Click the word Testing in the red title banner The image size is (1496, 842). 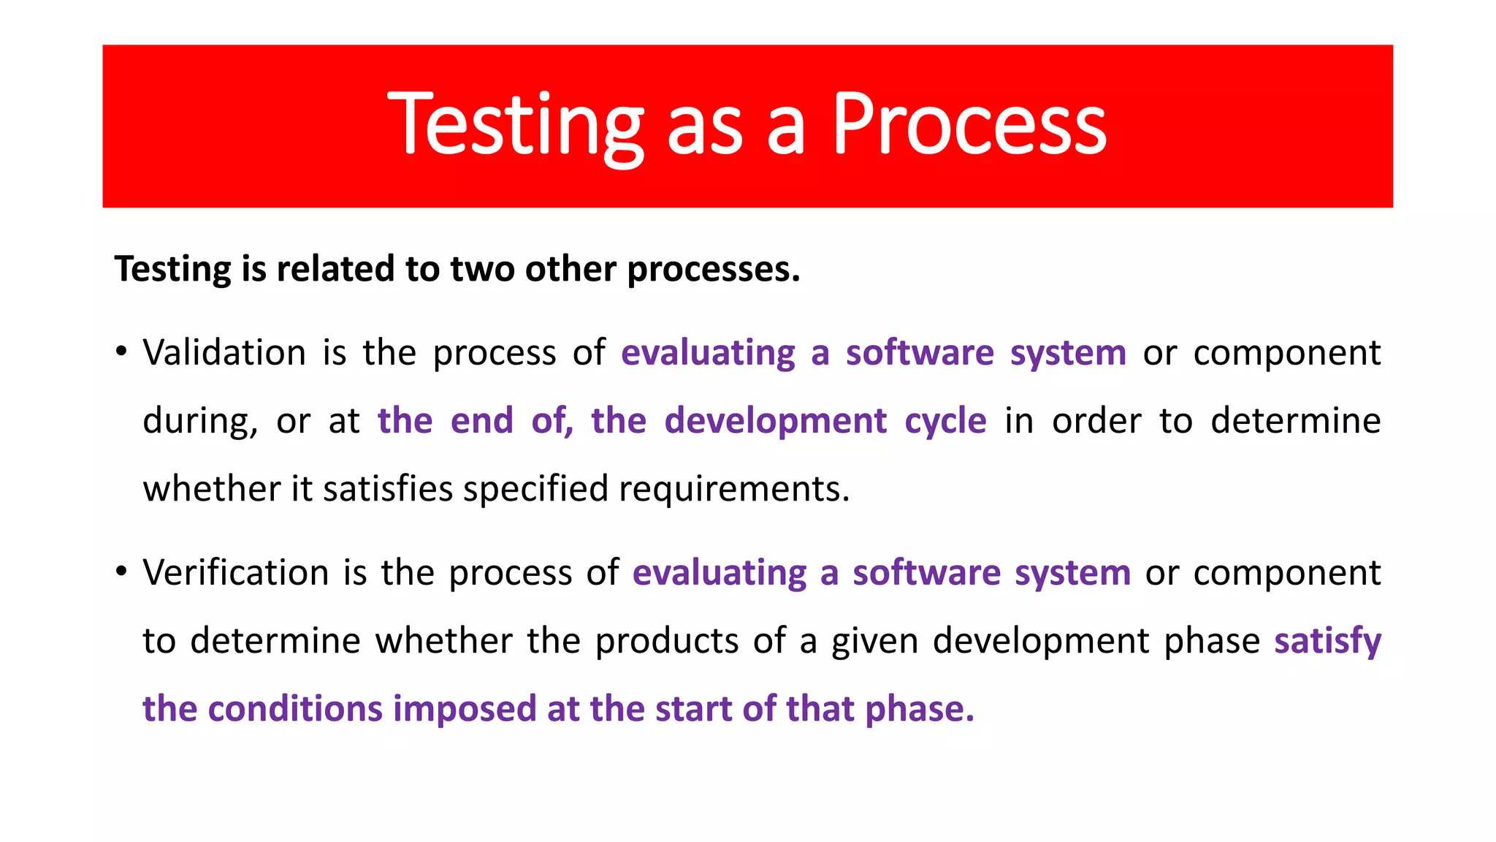point(515,126)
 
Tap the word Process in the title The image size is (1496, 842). point(969,126)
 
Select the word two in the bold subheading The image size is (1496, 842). point(483,269)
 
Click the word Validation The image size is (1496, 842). point(224,353)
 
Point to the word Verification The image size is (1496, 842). point(235,572)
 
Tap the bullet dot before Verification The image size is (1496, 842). point(121,572)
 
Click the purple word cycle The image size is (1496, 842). point(945,422)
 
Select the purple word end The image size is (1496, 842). point(481,421)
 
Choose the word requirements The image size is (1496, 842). point(733,489)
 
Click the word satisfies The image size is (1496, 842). point(388,489)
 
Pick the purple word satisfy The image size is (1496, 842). point(1327,641)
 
